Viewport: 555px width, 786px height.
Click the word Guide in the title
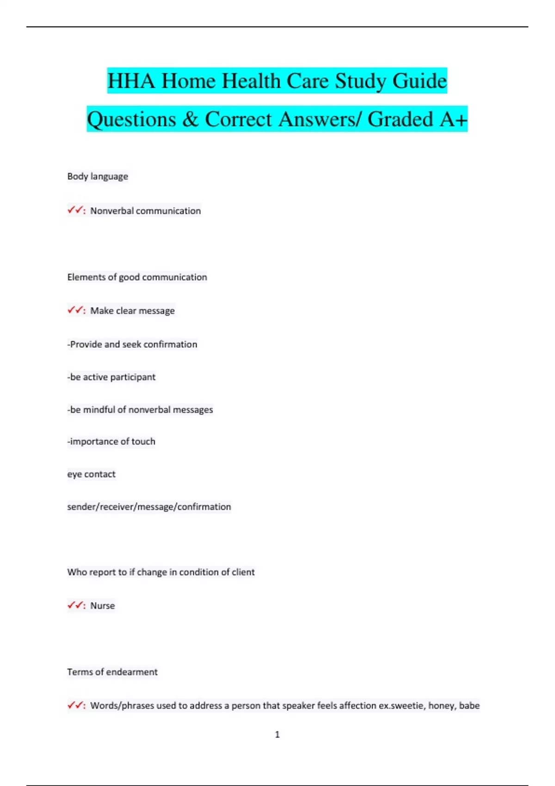[419, 81]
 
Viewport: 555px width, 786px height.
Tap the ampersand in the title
[190, 119]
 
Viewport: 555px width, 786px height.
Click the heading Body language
[98, 176]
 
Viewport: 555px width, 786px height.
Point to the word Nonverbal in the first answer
[111, 211]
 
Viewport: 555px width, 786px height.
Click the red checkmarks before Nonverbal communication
[75, 210]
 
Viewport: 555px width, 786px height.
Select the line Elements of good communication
[137, 277]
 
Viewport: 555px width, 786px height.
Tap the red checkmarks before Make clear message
[75, 310]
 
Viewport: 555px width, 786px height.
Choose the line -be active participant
[111, 377]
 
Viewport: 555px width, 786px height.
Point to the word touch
[143, 442]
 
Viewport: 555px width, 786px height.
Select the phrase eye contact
[91, 474]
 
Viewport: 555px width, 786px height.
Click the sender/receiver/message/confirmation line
[149, 507]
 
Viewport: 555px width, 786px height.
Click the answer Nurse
[102, 606]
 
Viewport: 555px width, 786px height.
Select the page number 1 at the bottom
[277, 734]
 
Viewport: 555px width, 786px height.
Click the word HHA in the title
[131, 81]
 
